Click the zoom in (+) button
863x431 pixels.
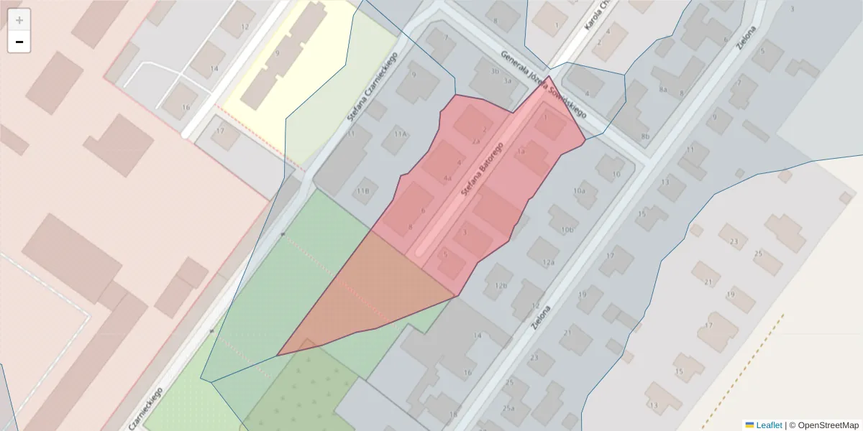click(x=19, y=20)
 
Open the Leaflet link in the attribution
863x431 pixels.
click(x=768, y=425)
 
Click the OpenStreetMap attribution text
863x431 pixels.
click(x=828, y=425)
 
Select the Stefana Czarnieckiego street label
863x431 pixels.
click(x=373, y=86)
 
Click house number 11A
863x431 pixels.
click(x=400, y=134)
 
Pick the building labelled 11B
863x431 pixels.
click(x=363, y=191)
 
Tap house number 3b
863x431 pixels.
click(x=494, y=71)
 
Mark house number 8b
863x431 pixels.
click(x=645, y=136)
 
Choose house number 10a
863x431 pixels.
click(x=579, y=191)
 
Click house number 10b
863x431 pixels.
click(x=567, y=230)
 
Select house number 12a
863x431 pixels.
click(x=549, y=263)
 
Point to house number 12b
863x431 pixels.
click(x=501, y=286)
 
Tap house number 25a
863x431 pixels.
click(x=508, y=409)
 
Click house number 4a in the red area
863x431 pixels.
click(x=447, y=177)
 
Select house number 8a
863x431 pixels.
click(x=663, y=90)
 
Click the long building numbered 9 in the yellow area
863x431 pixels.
click(x=277, y=53)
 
